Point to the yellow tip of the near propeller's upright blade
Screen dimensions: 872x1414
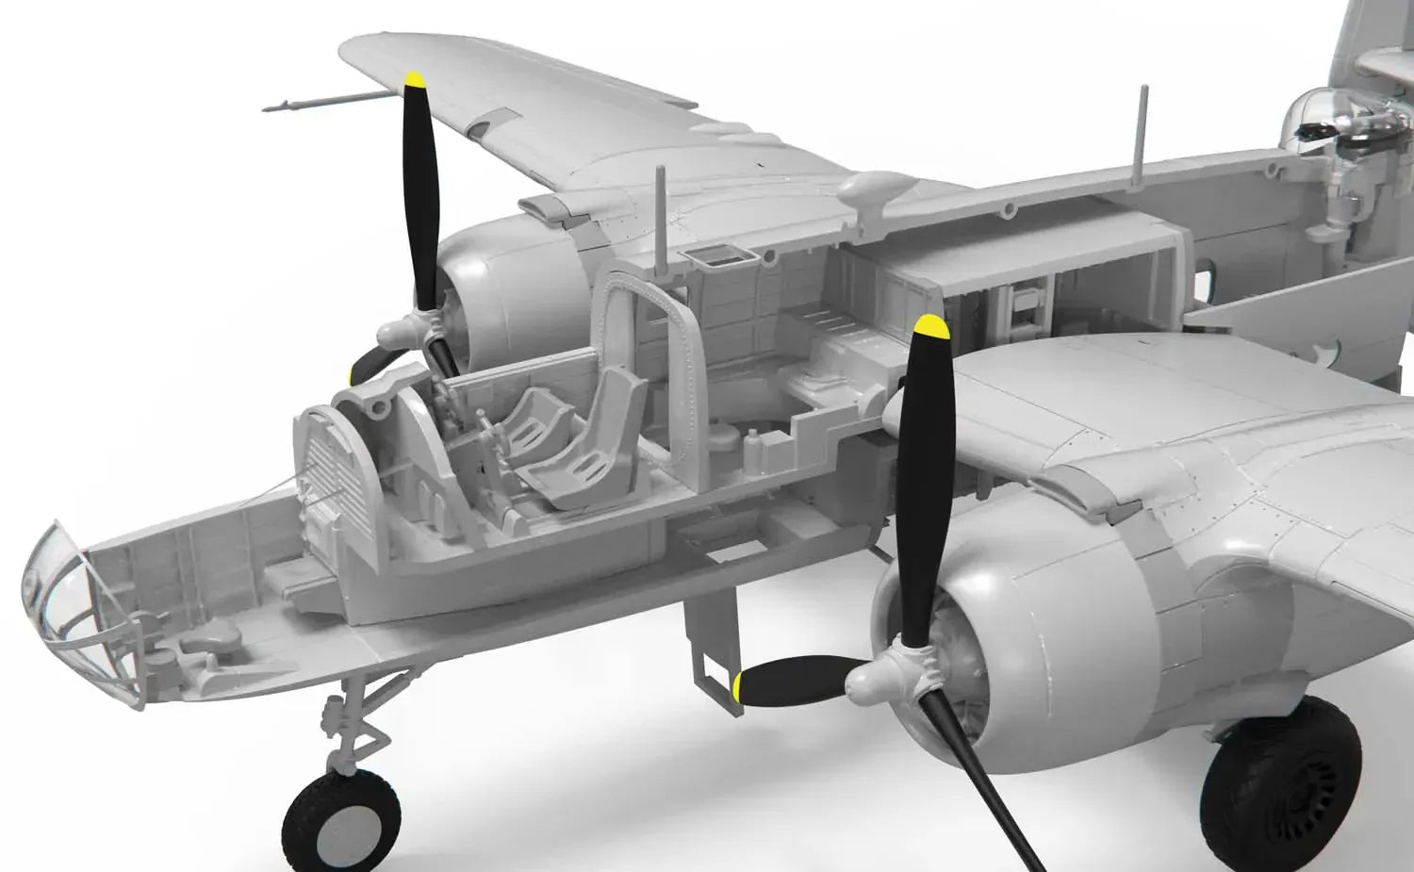click(930, 326)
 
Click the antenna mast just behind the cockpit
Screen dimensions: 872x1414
click(662, 212)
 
